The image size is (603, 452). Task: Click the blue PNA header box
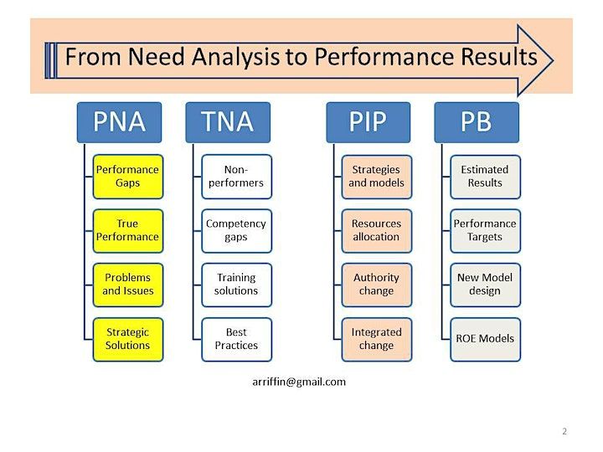click(119, 122)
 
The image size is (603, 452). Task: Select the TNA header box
click(228, 122)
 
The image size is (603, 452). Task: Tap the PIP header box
click(368, 122)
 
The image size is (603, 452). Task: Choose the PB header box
click(477, 122)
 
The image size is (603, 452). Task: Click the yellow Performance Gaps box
click(128, 177)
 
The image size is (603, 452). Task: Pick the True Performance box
click(128, 231)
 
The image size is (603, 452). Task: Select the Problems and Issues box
click(128, 285)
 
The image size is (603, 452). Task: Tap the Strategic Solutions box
click(128, 339)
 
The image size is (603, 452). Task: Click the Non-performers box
click(236, 177)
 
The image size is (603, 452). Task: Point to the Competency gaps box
click(236, 231)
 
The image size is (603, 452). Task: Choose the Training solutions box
click(236, 285)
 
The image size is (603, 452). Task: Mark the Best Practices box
click(236, 339)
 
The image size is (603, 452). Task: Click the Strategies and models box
click(377, 177)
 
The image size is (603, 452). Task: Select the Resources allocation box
click(377, 231)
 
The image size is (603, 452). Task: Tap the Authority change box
click(377, 285)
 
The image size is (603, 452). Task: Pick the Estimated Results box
click(485, 177)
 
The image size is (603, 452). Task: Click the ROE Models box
click(485, 339)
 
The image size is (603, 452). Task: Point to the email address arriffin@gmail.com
click(299, 382)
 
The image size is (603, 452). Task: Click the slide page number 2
click(564, 431)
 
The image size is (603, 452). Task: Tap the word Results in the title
click(499, 57)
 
